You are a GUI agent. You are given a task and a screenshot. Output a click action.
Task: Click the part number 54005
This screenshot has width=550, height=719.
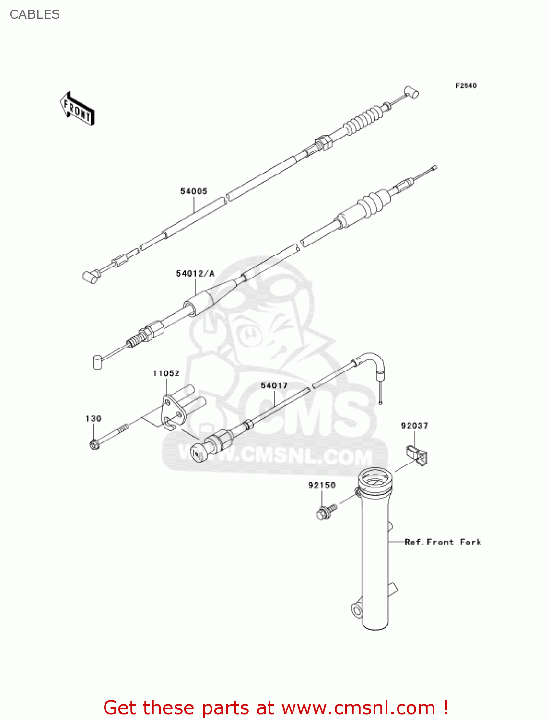[x=194, y=191]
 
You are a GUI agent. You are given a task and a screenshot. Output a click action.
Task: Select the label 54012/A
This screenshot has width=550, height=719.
[x=195, y=274]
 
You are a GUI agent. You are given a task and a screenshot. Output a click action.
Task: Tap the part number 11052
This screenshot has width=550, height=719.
[x=166, y=373]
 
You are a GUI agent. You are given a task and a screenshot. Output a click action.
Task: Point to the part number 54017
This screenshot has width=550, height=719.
[x=274, y=385]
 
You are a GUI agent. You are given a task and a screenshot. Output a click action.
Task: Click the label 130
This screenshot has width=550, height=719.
[x=94, y=418]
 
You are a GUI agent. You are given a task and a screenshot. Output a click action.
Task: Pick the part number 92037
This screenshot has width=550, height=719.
[x=415, y=426]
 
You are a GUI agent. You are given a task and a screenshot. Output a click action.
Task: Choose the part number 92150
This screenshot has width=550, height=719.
[x=322, y=485]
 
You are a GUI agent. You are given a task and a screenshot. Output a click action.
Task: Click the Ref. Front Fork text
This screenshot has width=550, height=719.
[x=443, y=542]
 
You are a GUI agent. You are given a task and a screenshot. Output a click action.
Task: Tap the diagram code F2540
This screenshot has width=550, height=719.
[x=466, y=86]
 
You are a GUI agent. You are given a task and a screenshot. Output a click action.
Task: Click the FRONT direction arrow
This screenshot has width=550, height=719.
[x=77, y=108]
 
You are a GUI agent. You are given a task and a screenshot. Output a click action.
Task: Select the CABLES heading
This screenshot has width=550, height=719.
[x=35, y=14]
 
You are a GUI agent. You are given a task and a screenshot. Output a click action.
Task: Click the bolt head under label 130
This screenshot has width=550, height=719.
[x=94, y=444]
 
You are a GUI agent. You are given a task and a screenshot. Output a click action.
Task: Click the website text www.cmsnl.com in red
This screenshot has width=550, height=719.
[x=358, y=707]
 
